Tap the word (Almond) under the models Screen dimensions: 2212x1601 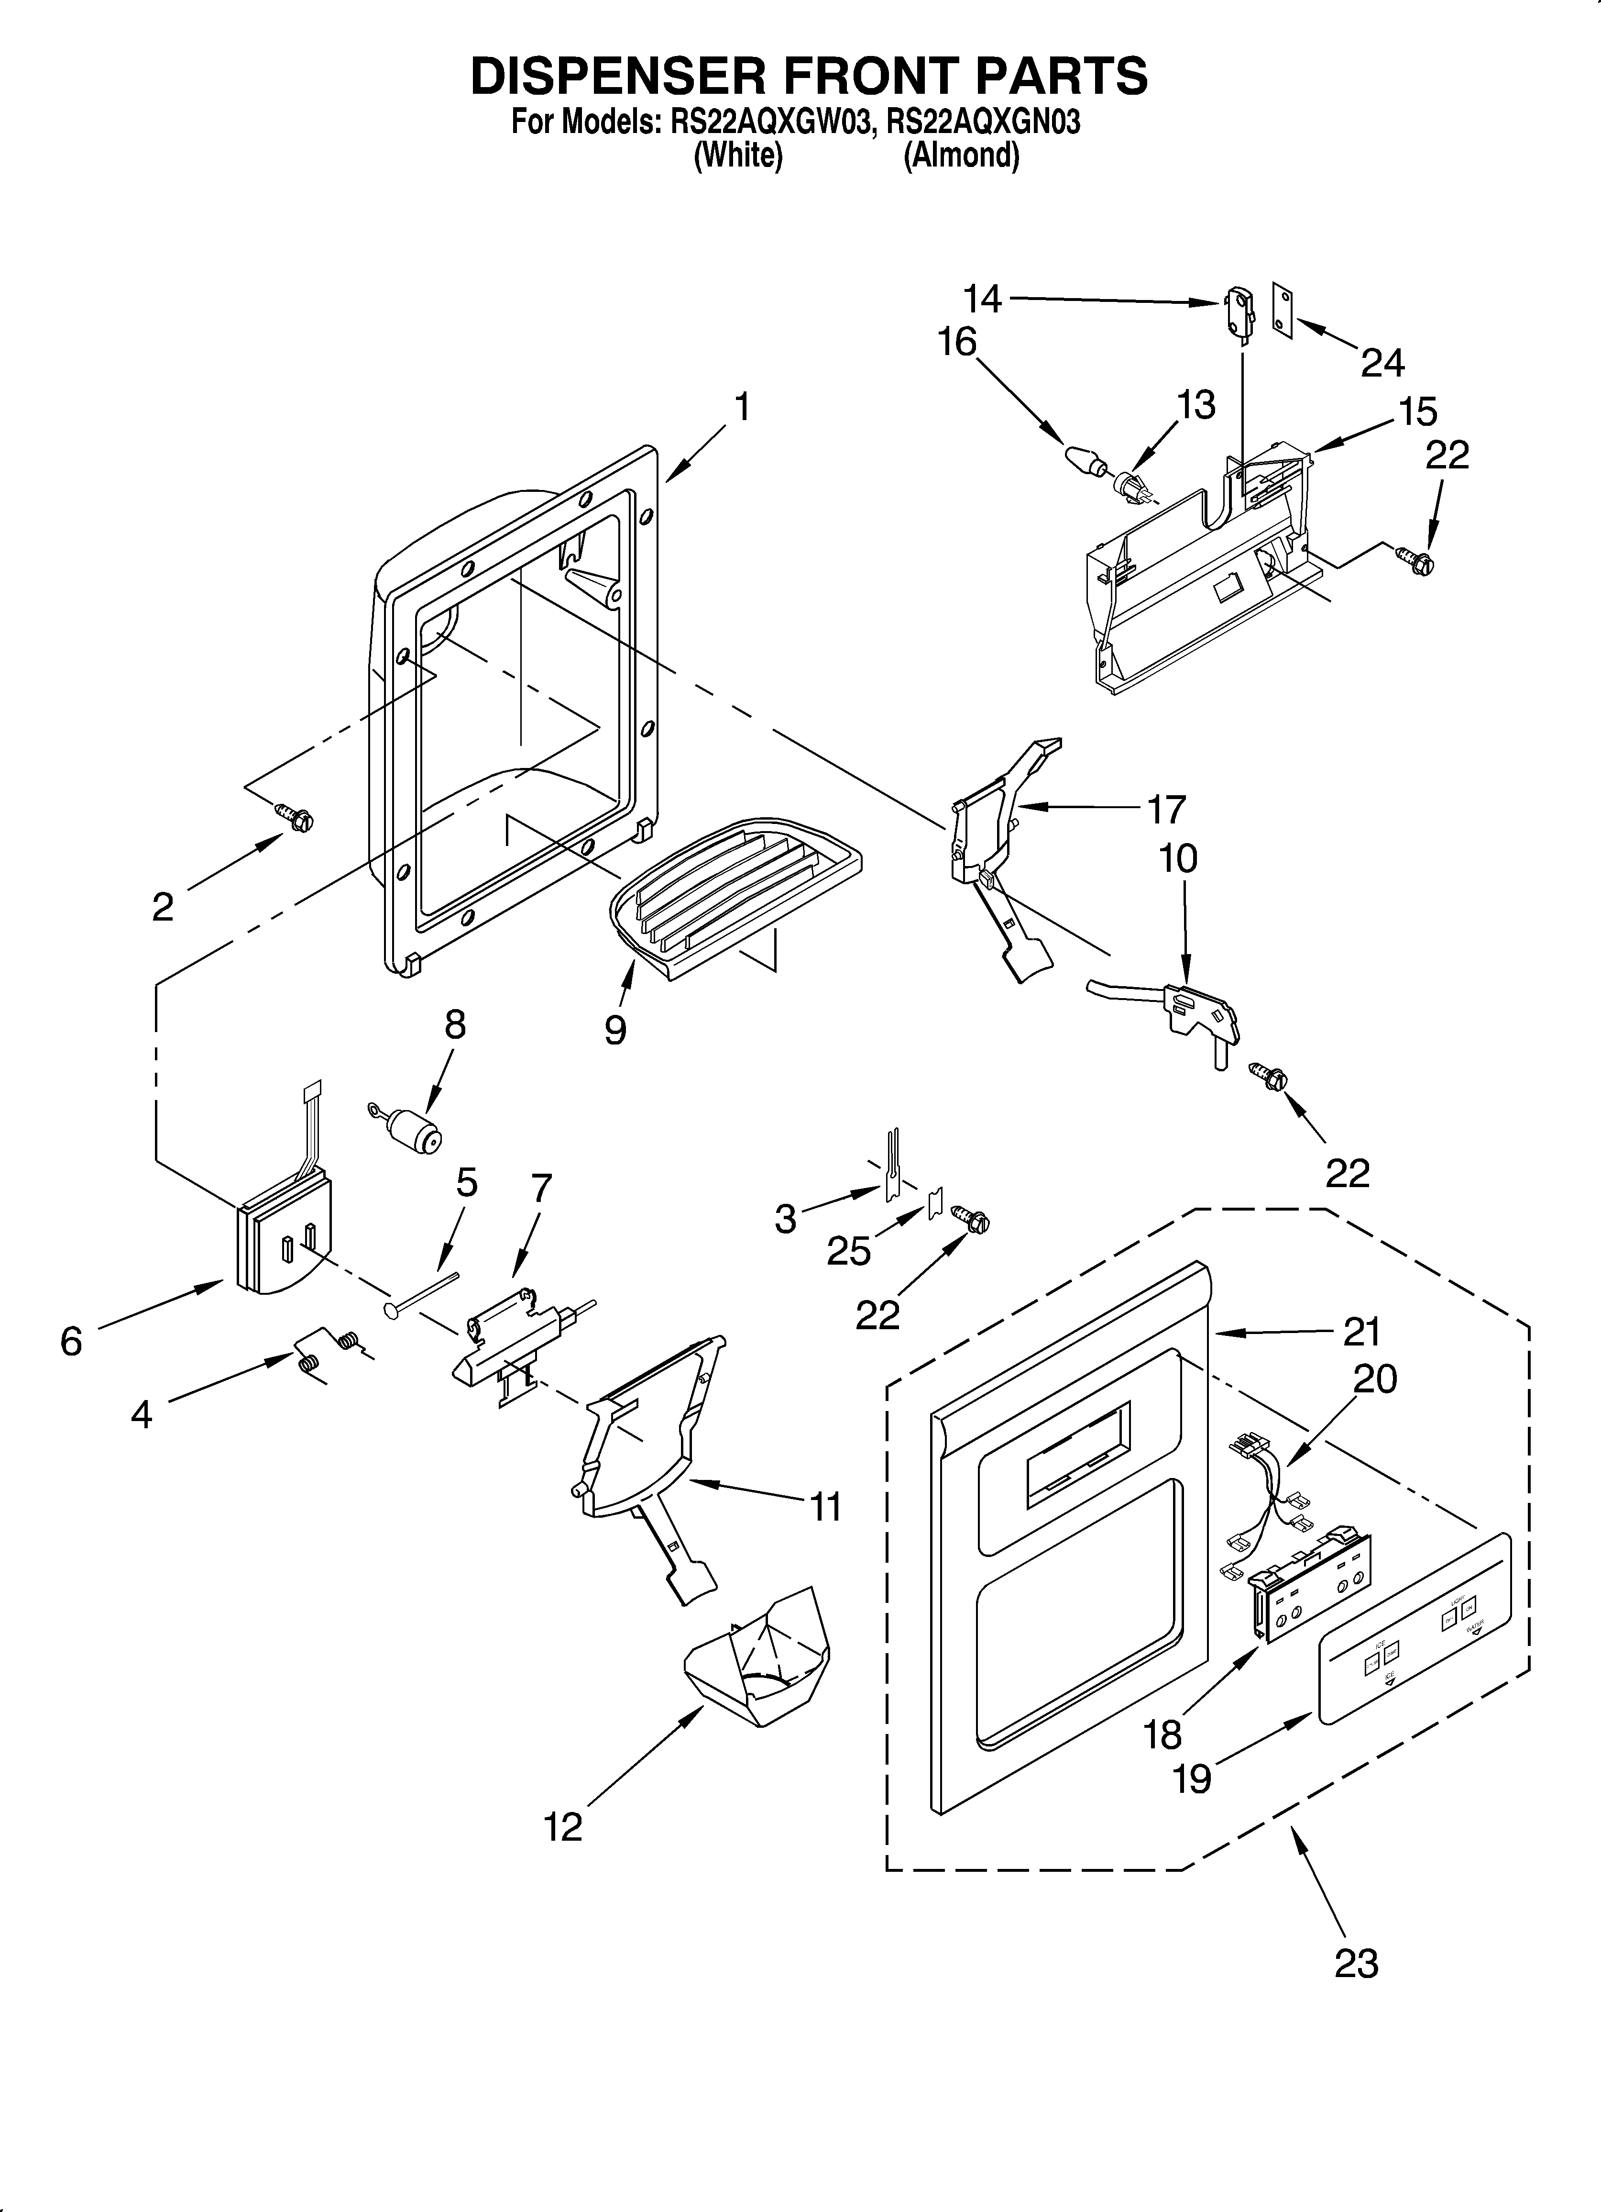961,156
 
